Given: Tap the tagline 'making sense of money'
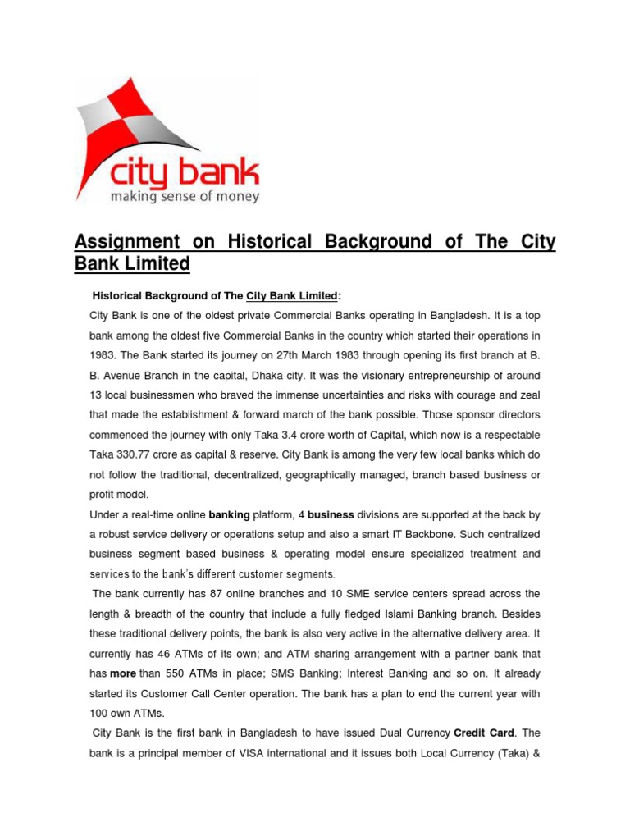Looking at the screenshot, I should point(185,197).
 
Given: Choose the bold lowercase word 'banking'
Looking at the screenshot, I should point(234,515).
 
